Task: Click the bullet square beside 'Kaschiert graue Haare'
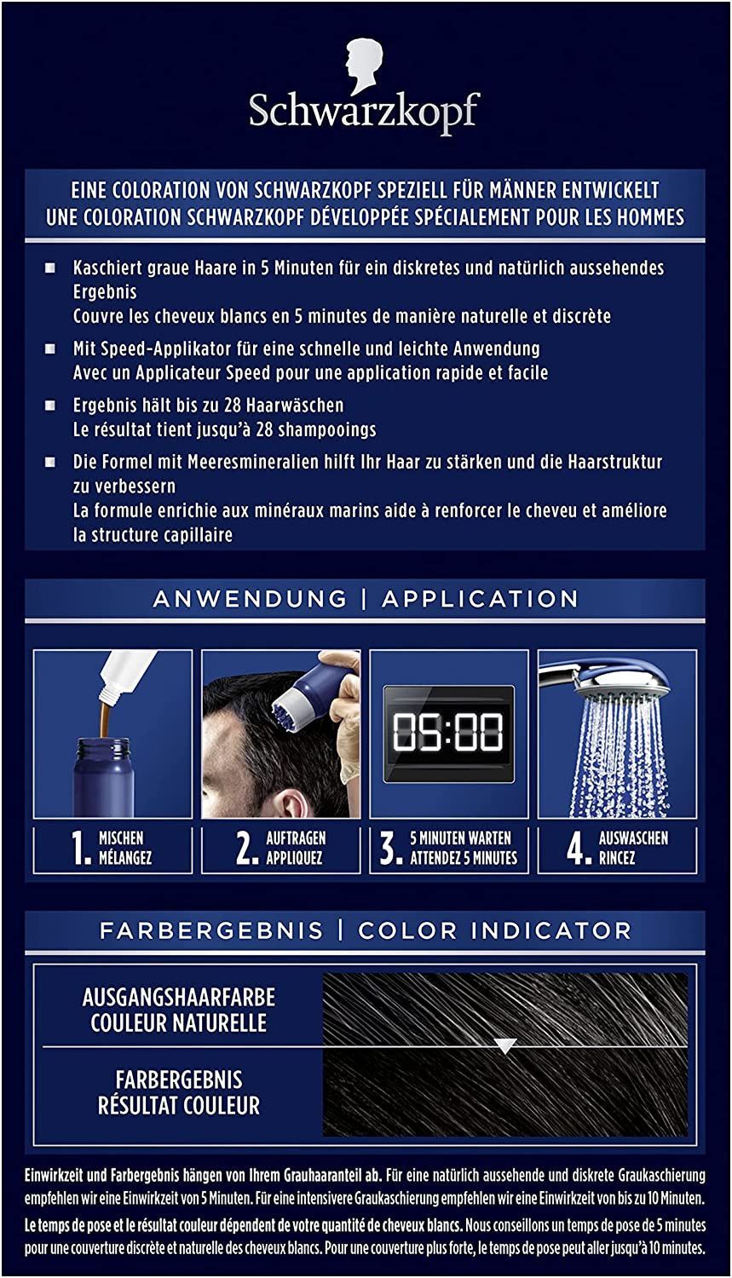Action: click(x=51, y=268)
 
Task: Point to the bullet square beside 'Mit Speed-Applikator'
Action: click(x=51, y=349)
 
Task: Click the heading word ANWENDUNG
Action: click(x=250, y=598)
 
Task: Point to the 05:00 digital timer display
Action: click(x=448, y=733)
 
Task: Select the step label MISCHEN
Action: click(x=121, y=838)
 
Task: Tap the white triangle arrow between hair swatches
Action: click(x=505, y=1045)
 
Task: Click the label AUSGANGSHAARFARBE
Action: click(x=179, y=998)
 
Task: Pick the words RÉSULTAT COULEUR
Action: click(x=179, y=1106)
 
